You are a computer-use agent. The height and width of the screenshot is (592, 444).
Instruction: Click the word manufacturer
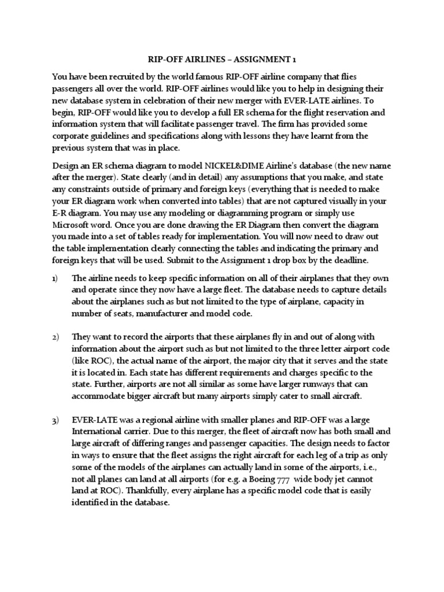pos(172,313)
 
